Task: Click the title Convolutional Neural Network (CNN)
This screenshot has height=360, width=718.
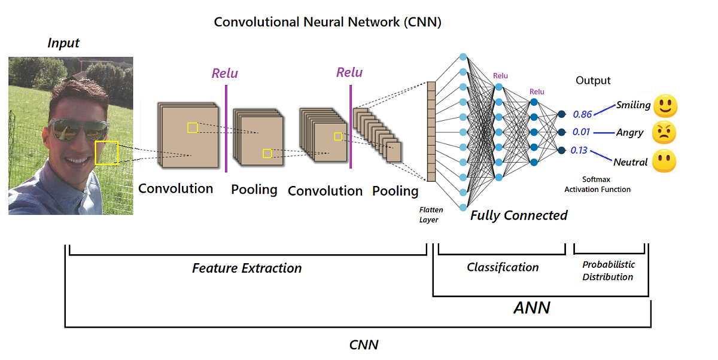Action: pyautogui.click(x=327, y=23)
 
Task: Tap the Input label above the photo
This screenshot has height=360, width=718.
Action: pyautogui.click(x=63, y=43)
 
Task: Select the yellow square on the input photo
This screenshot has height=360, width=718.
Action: pyautogui.click(x=107, y=152)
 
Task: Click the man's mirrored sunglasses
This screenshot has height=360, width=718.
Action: pyautogui.click(x=78, y=129)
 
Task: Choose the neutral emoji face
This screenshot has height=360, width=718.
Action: pyautogui.click(x=665, y=161)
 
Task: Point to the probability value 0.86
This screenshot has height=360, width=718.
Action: pyautogui.click(x=582, y=114)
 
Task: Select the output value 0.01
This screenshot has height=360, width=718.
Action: pyautogui.click(x=582, y=132)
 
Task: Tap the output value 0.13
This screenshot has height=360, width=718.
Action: pyautogui.click(x=579, y=150)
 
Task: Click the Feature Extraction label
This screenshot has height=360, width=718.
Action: pyautogui.click(x=247, y=268)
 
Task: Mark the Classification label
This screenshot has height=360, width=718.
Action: pyautogui.click(x=503, y=267)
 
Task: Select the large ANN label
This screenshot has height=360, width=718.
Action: pyautogui.click(x=532, y=308)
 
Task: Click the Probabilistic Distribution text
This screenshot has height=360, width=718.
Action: pyautogui.click(x=608, y=270)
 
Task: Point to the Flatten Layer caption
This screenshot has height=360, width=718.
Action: pyautogui.click(x=428, y=215)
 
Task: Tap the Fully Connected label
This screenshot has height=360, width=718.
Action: pyautogui.click(x=519, y=215)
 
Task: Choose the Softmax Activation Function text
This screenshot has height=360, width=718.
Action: pyautogui.click(x=597, y=184)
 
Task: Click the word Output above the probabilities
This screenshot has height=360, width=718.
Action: pyautogui.click(x=593, y=81)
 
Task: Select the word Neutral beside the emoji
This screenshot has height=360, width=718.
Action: pyautogui.click(x=631, y=162)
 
